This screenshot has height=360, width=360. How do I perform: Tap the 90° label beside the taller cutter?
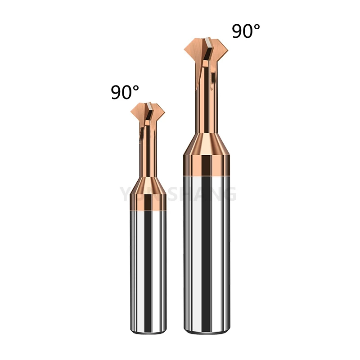pyautogui.click(x=246, y=31)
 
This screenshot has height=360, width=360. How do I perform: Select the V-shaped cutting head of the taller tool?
pyautogui.click(x=207, y=49)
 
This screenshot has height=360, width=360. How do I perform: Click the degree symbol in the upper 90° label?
pyautogui.click(x=256, y=27)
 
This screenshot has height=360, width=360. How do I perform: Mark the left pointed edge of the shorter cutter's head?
pyautogui.click(x=132, y=110)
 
